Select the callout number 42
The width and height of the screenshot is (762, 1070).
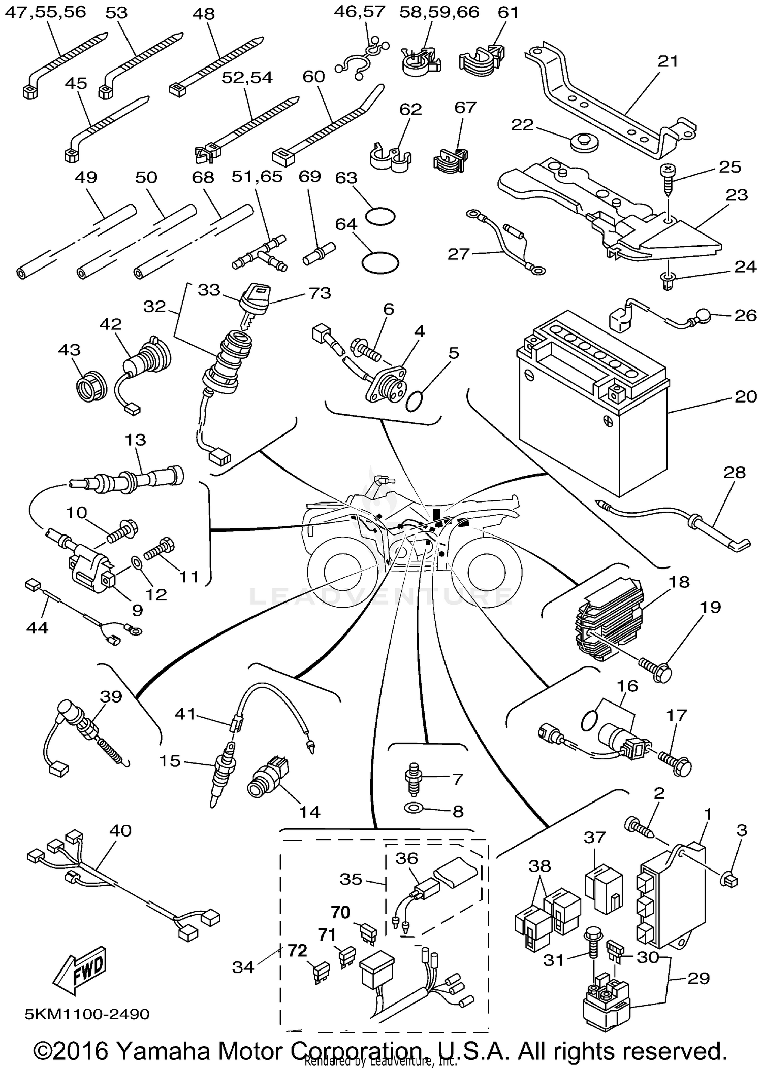point(111,324)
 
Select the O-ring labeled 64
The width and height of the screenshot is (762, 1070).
point(380,262)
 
